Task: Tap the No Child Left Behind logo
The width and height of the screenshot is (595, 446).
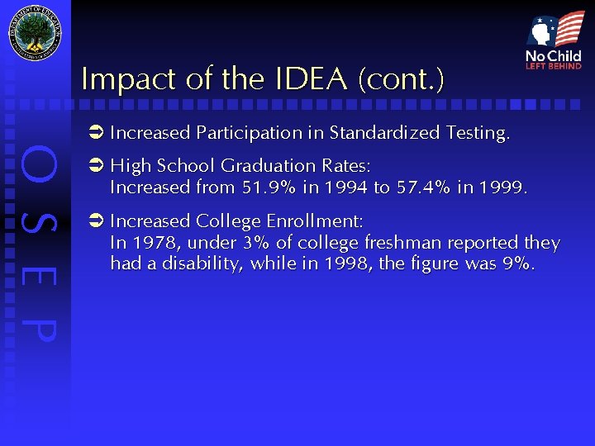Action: pyautogui.click(x=554, y=40)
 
